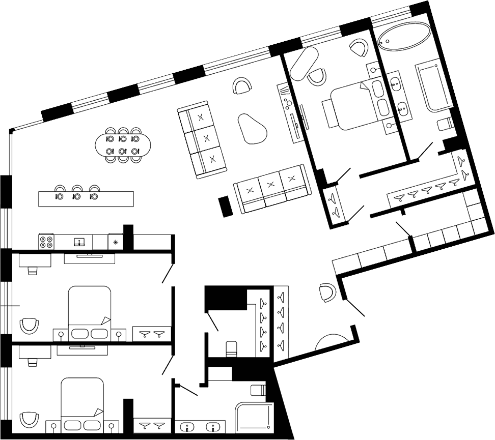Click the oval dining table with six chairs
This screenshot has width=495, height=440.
pyautogui.click(x=122, y=144)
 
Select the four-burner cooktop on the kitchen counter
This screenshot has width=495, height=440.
pyautogui.click(x=47, y=242)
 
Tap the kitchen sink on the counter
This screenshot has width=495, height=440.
pyautogui.click(x=79, y=242)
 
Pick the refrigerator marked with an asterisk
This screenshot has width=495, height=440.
pyautogui.click(x=116, y=242)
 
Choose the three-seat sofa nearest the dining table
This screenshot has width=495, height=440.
pyautogui.click(x=202, y=140)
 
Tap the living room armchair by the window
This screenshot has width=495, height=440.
pyautogui.click(x=242, y=86)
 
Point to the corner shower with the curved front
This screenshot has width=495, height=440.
pyautogui.click(x=253, y=417)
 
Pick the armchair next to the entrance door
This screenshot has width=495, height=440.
pyautogui.click(x=326, y=292)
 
